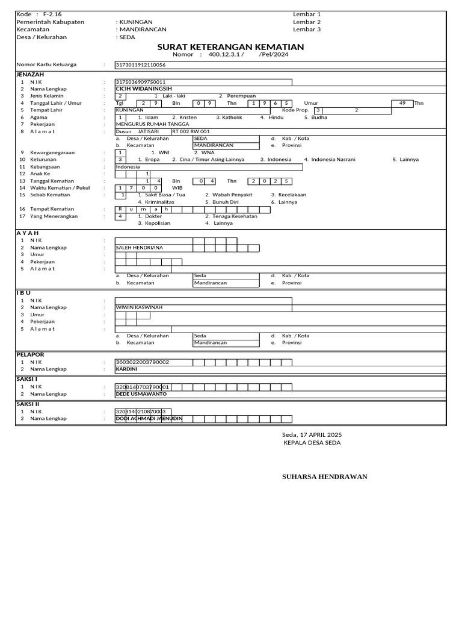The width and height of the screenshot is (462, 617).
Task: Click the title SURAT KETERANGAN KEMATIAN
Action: tap(230, 47)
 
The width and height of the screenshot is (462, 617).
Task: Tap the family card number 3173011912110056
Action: tap(141, 64)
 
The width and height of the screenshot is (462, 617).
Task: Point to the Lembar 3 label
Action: tap(307, 29)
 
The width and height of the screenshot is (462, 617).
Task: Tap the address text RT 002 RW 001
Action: tap(191, 131)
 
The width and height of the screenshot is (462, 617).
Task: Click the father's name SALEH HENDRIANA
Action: tap(140, 247)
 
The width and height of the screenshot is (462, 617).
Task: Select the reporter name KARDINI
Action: tap(127, 369)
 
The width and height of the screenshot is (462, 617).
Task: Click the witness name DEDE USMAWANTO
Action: tap(141, 393)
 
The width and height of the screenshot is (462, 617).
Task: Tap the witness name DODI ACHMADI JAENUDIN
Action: tap(149, 418)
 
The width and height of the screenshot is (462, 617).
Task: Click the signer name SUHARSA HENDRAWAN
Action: tap(325, 477)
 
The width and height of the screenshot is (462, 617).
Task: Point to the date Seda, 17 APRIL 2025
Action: tap(312, 434)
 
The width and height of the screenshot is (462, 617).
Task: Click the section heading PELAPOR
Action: tap(29, 355)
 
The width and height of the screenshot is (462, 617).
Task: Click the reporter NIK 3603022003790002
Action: tap(143, 362)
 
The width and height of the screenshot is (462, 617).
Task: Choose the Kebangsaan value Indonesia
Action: tap(128, 166)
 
